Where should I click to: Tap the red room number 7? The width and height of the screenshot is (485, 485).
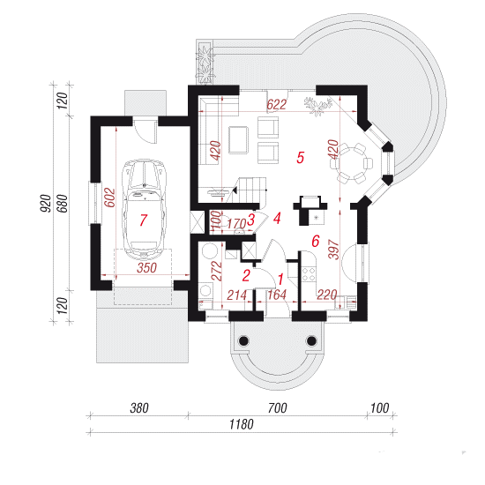pos(143,220)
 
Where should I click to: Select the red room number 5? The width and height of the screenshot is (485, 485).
pos(301,157)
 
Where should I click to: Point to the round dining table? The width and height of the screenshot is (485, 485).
pos(352,163)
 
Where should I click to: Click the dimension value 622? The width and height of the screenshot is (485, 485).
pos(276,105)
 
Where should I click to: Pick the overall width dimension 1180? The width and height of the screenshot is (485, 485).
pos(242,424)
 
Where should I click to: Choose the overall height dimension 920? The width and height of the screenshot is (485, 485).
pos(46,203)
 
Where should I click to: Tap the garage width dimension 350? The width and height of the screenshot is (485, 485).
pos(146,268)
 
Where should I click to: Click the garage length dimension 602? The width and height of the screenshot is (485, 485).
pos(109,198)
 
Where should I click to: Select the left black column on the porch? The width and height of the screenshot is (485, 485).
pos(243,341)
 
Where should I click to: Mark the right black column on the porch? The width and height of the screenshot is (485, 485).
pos(311,341)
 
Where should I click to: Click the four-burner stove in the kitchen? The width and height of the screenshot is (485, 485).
pos(309,274)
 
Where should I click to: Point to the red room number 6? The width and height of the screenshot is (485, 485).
pos(315,241)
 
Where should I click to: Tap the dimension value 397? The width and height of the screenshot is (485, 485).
pos(333,249)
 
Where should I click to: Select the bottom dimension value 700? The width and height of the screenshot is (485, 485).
pos(277,408)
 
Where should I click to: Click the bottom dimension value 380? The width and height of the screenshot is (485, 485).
pos(139,408)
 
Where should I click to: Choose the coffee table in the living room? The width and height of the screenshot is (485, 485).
pos(238,140)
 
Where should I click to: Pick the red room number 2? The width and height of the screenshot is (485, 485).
pos(246,276)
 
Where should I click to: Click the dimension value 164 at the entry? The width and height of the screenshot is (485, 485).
pos(277,295)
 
